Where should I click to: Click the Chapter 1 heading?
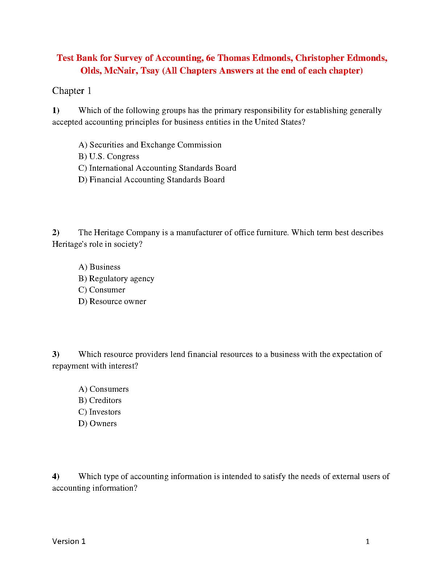[x=72, y=91]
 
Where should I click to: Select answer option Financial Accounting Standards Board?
[x=152, y=180]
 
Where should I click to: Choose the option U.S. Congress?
[x=109, y=157]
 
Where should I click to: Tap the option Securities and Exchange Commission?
[x=150, y=145]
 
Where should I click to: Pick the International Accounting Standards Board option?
[x=157, y=168]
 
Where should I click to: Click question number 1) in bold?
[x=56, y=111]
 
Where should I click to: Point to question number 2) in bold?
[x=56, y=233]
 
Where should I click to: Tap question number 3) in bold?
[x=56, y=354]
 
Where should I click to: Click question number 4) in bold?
[x=56, y=477]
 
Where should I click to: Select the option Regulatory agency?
[x=116, y=279]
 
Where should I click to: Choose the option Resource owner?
[x=112, y=301]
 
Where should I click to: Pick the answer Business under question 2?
[x=99, y=267]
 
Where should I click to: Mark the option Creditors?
[x=100, y=400]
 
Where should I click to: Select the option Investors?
[x=100, y=412]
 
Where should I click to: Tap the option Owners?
[x=98, y=424]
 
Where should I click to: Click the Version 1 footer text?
[x=69, y=541]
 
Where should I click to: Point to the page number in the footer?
[x=367, y=542]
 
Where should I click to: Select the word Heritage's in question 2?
[x=70, y=244]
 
